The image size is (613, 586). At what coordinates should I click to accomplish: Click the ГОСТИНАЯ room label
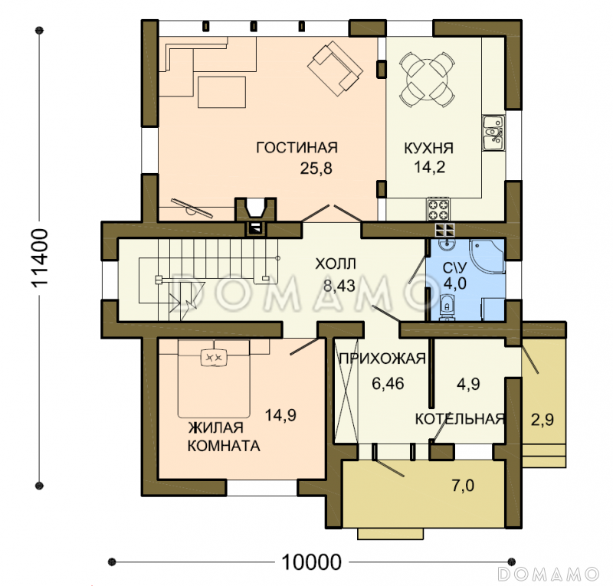[297, 148]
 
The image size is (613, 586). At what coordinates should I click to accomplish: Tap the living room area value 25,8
[316, 169]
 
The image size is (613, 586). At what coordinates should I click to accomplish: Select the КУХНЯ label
[428, 148]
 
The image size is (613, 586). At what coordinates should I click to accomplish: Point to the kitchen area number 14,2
[429, 167]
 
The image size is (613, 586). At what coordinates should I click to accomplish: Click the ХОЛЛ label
[336, 264]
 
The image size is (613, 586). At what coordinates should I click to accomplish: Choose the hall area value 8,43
[339, 286]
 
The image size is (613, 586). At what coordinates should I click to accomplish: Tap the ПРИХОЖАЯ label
[382, 358]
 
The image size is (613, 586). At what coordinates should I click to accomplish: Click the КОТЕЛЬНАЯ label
[460, 419]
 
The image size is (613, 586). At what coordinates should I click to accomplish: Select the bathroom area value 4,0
[455, 283]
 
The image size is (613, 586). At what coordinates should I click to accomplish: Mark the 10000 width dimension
[311, 562]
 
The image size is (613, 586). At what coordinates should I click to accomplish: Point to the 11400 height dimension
[40, 258]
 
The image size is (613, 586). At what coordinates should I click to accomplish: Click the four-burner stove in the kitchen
[438, 209]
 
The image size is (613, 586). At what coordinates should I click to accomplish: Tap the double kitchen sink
[493, 133]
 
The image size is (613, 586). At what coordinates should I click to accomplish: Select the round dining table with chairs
[427, 80]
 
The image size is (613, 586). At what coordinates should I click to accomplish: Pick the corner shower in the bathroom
[487, 257]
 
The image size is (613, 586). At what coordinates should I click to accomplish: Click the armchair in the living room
[335, 68]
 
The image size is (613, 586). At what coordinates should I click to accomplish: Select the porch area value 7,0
[463, 486]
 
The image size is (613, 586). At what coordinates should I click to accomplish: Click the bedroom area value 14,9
[280, 414]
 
